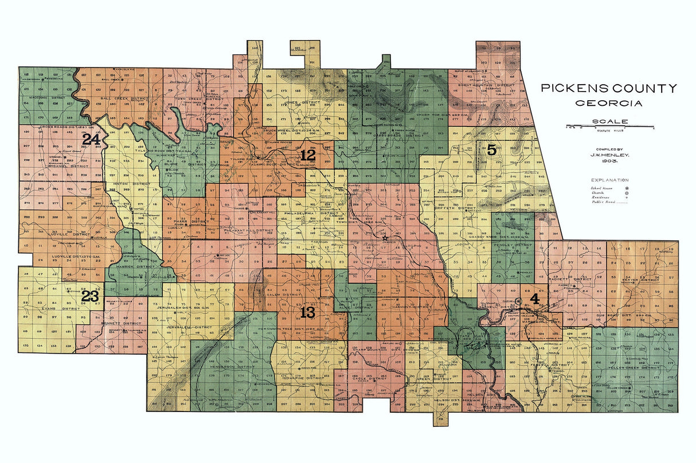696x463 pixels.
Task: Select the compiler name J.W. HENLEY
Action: click(x=609, y=155)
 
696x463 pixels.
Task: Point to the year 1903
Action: click(x=609, y=162)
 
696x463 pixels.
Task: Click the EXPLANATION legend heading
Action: click(x=609, y=180)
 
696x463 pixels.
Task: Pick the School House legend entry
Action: click(x=602, y=187)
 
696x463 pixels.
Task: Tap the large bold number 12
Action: click(x=307, y=155)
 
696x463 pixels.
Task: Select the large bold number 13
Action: click(x=307, y=312)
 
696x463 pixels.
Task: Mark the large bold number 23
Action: click(x=90, y=296)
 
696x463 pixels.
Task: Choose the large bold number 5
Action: click(x=491, y=150)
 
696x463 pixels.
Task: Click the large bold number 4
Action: click(x=534, y=298)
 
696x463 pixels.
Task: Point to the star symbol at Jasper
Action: click(x=386, y=237)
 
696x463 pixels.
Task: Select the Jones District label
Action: click(x=299, y=102)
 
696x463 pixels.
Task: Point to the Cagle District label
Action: click(x=370, y=378)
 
